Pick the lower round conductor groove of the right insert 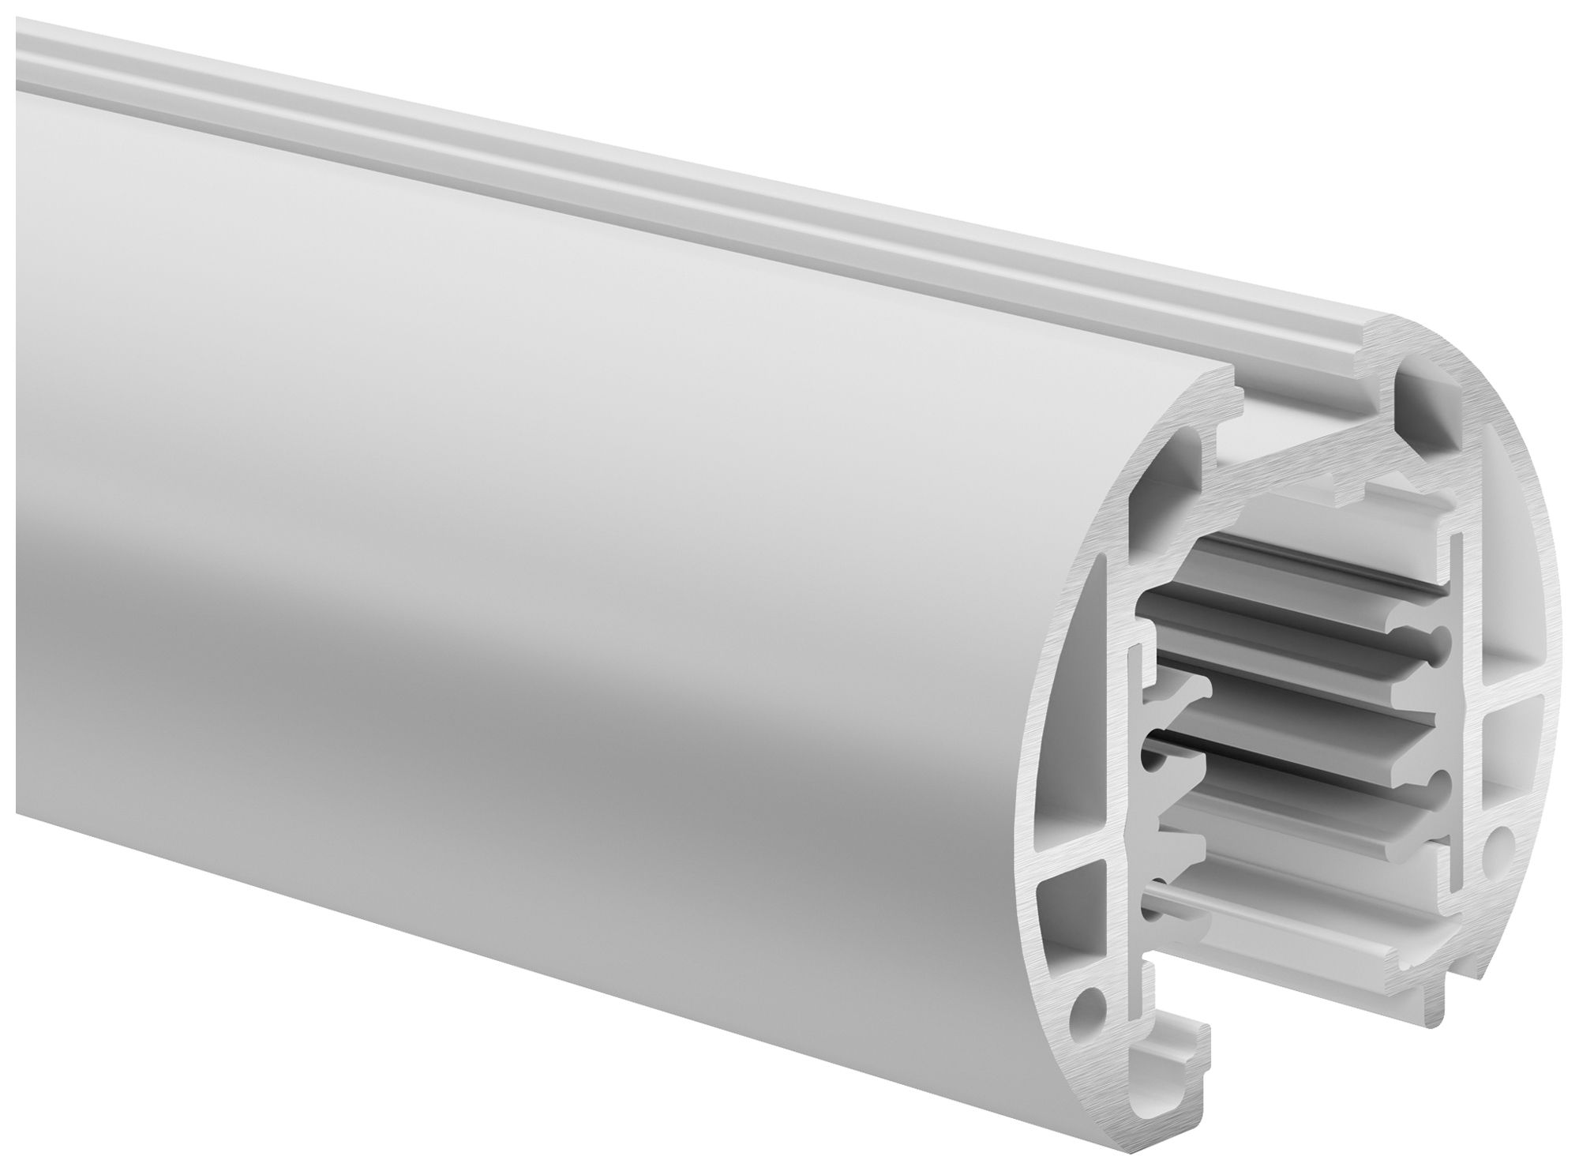(1437, 784)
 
